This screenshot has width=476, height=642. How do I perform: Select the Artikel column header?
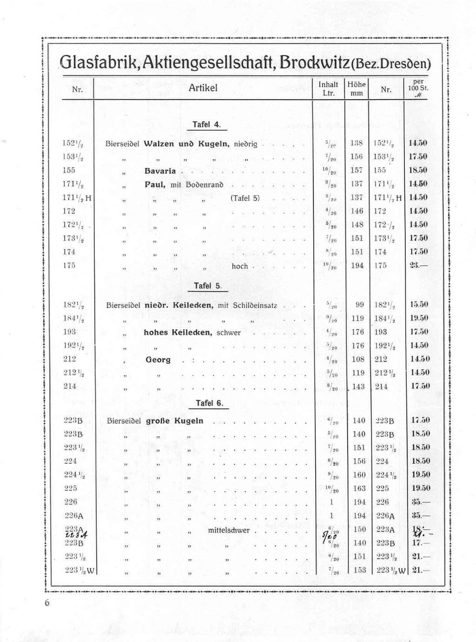coord(203,88)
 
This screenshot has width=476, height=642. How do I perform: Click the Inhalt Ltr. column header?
coord(328,88)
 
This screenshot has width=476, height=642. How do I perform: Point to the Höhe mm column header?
coord(357,88)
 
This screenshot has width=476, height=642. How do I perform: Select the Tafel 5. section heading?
coord(207,286)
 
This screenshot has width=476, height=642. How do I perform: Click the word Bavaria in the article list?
coord(160,171)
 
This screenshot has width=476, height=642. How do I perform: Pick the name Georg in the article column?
coord(158,360)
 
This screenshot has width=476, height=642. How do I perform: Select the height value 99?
coord(359,305)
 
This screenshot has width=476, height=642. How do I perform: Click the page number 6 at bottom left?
coord(46,603)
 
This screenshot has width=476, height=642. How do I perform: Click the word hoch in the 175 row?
coord(240,266)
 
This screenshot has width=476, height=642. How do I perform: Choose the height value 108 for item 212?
coord(358,359)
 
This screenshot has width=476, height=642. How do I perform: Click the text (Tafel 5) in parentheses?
coord(245,198)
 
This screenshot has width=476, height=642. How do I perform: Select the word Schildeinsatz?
coord(255,306)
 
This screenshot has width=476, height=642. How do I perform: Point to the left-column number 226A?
coord(73,515)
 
